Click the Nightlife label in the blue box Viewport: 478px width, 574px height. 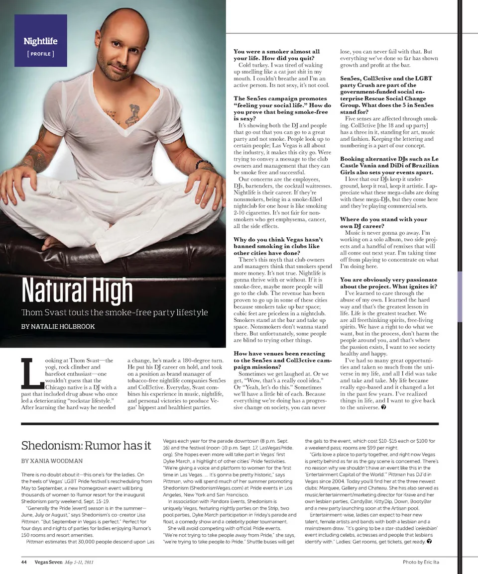pyautogui.click(x=40, y=41)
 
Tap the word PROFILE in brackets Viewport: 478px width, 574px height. pyautogui.click(x=40, y=53)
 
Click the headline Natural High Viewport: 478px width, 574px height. pyautogui.click(x=77, y=290)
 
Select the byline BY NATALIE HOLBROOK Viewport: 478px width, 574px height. pyautogui.click(x=58, y=326)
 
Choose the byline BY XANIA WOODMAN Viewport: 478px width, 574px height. pyautogui.click(x=52, y=461)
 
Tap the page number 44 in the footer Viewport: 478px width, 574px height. pyautogui.click(x=23, y=562)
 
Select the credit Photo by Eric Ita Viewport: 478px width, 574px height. pyautogui.click(x=421, y=562)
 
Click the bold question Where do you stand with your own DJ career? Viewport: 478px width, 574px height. pyautogui.click(x=383, y=222)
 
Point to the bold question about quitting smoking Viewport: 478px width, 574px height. pyautogui.click(x=277, y=55)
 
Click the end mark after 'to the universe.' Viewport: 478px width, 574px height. pyautogui.click(x=384, y=407)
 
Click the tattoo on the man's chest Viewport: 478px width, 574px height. pyautogui.click(x=131, y=113)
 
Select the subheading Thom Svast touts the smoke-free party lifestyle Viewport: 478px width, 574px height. pyautogui.click(x=114, y=312)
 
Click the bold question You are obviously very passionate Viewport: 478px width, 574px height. pyautogui.click(x=388, y=283)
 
